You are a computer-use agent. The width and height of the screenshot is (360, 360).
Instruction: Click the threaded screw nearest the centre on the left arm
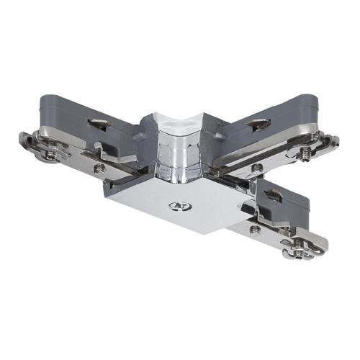point(99,167)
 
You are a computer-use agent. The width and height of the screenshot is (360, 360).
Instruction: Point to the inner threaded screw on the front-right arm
point(254,229)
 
